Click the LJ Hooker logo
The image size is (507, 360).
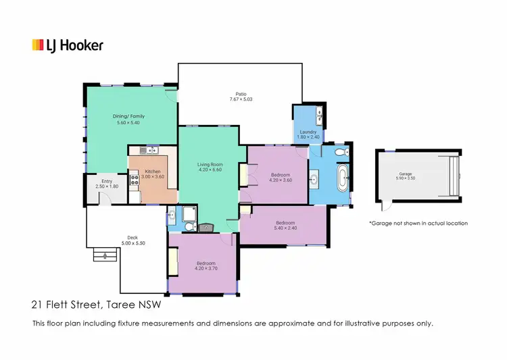(68, 46)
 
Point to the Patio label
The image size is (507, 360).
(241, 94)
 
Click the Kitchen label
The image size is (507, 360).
(153, 172)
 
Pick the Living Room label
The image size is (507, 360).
(210, 165)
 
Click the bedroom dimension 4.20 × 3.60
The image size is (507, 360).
(280, 180)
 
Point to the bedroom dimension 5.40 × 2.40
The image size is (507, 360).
(285, 228)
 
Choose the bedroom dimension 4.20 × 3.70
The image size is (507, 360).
(206, 268)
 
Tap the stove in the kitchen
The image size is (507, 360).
(134, 180)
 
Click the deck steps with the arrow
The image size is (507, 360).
(103, 255)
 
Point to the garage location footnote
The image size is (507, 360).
(418, 223)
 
